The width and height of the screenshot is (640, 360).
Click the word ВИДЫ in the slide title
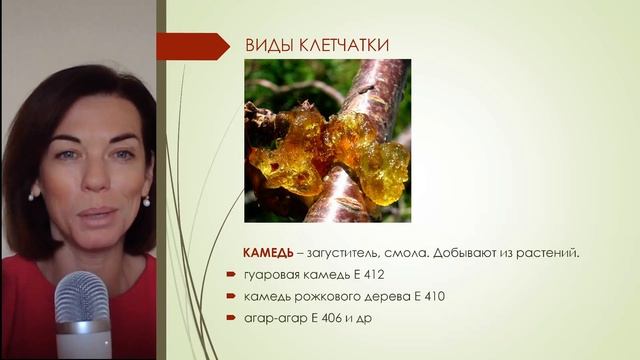pos(264,46)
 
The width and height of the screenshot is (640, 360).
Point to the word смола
pos(408,252)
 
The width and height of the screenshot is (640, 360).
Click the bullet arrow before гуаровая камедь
pos(233,274)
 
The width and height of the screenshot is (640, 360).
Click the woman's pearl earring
pos(145,200)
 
